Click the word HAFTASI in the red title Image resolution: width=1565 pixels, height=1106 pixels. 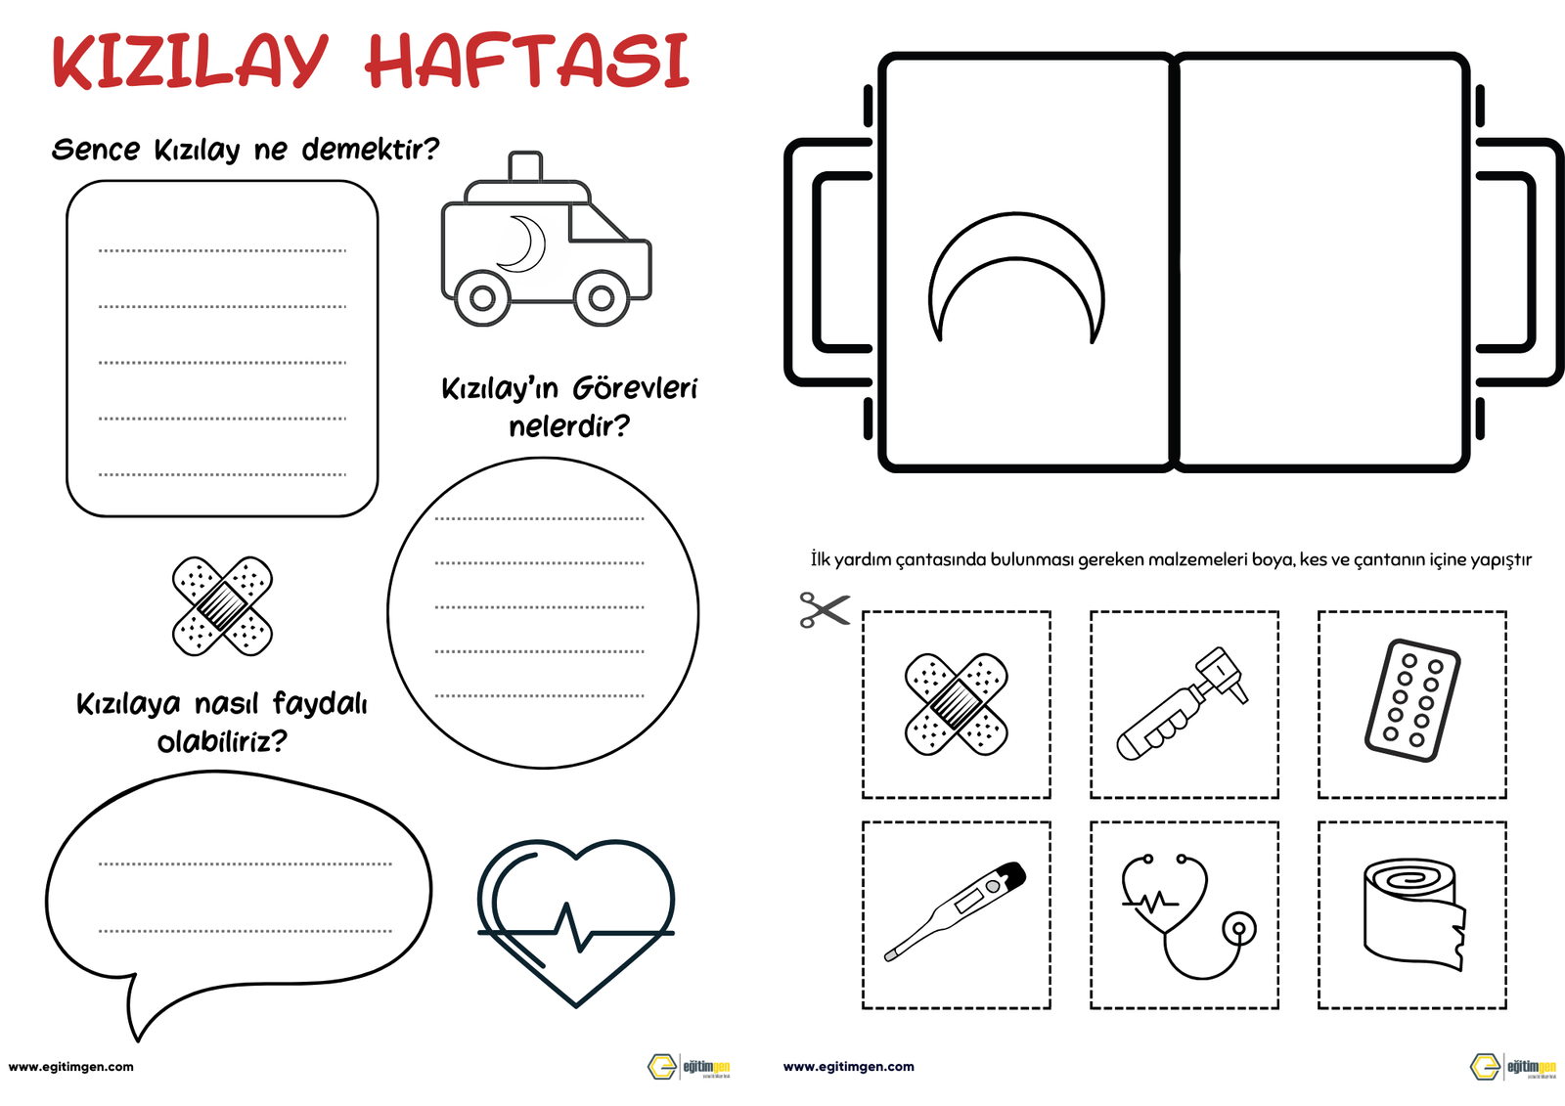[x=528, y=62]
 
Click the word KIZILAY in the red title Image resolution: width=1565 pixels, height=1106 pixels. [x=190, y=62]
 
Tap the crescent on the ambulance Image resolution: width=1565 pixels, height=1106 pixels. [x=523, y=243]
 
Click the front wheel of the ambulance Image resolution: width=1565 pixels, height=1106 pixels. [x=601, y=298]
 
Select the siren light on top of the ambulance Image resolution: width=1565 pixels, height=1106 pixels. [x=525, y=165]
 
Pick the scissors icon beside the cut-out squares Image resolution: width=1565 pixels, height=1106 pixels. [x=824, y=609]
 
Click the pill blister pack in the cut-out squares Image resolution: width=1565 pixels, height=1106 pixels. [x=1411, y=700]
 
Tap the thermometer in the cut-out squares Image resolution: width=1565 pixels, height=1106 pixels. [x=957, y=910]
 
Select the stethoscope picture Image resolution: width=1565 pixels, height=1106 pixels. [x=1186, y=915]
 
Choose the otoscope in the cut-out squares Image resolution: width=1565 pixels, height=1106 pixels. [x=1184, y=703]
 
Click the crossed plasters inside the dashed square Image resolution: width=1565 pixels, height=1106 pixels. [x=956, y=704]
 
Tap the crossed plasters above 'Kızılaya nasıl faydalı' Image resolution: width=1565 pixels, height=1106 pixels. [x=222, y=606]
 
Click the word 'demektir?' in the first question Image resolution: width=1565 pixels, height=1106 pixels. [x=370, y=150]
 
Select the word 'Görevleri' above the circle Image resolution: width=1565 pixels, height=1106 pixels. [x=634, y=388]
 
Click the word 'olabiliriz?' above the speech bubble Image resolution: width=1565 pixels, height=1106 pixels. [x=222, y=741]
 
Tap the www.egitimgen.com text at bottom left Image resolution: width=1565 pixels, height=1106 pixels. [x=70, y=1067]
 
